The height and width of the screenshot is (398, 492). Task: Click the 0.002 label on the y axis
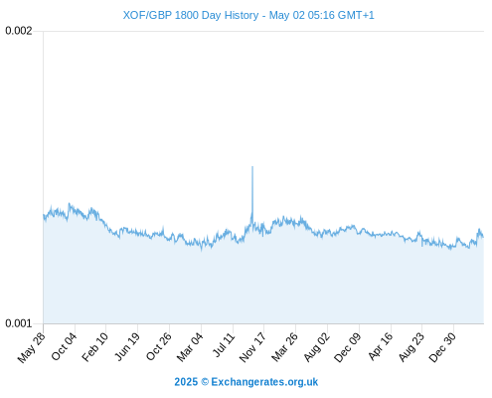[x=19, y=31]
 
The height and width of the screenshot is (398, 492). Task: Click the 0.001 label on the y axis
[x=19, y=323]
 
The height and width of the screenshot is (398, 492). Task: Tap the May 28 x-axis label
[x=32, y=347]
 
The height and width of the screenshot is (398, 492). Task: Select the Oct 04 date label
[x=64, y=346]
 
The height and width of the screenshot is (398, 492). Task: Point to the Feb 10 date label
[x=95, y=347]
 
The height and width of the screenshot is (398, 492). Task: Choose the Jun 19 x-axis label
[x=127, y=347]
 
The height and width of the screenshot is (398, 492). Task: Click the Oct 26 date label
[x=159, y=346]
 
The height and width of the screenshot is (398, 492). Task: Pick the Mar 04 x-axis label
[x=190, y=347]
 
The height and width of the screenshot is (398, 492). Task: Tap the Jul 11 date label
[x=224, y=345]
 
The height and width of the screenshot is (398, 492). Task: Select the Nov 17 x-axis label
[x=252, y=347]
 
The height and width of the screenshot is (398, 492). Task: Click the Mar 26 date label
[x=284, y=347]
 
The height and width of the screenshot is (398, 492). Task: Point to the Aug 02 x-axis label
[x=317, y=347]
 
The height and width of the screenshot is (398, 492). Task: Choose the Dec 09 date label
[x=348, y=347]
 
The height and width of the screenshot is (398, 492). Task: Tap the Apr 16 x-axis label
[x=381, y=346]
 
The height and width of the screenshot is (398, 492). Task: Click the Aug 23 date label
[x=411, y=347]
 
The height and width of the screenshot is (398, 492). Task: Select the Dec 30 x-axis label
[x=442, y=347]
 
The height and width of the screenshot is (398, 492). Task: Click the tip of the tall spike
[x=252, y=166]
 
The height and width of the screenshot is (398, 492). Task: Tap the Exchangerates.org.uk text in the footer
[x=264, y=382]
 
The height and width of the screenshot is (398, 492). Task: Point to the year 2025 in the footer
[x=186, y=382]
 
